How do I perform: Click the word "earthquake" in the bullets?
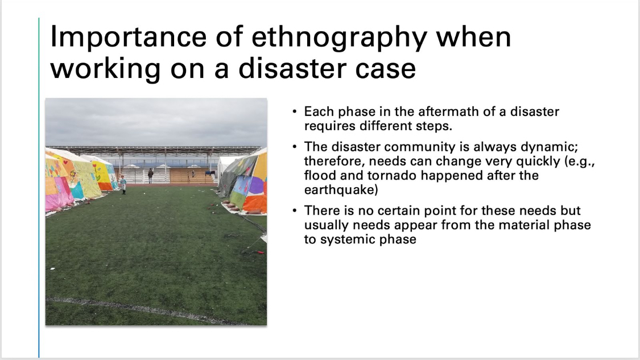[341, 190]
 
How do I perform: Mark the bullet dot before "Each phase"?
[295, 111]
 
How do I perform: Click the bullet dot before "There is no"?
[295, 210]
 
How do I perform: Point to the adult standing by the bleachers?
[150, 176]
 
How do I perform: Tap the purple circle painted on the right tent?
[256, 186]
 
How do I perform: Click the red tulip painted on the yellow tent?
[96, 168]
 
